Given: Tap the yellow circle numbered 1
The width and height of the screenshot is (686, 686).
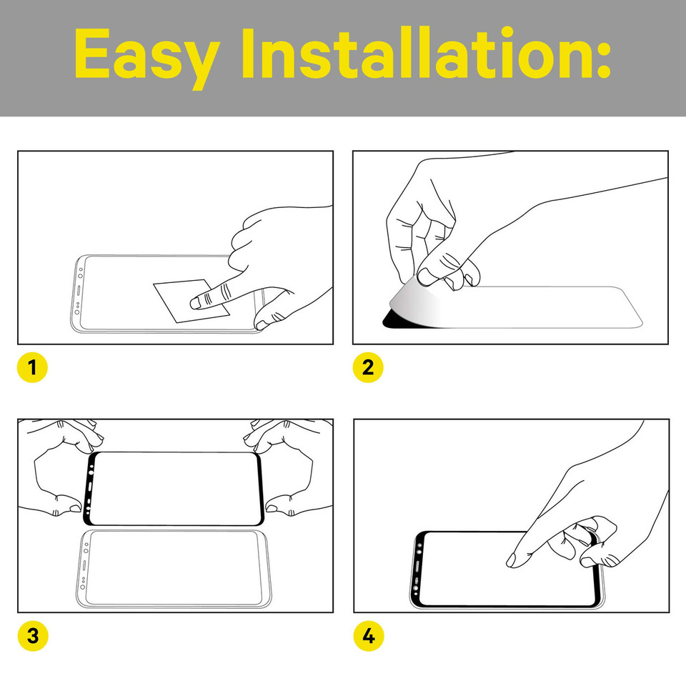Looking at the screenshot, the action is (x=32, y=367).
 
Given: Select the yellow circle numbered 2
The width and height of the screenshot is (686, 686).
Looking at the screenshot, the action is (x=368, y=367).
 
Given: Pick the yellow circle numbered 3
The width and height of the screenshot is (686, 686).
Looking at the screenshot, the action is (x=33, y=636).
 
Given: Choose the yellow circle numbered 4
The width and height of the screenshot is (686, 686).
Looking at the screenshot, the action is (x=369, y=636).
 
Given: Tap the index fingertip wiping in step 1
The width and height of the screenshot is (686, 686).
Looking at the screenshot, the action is (x=196, y=303).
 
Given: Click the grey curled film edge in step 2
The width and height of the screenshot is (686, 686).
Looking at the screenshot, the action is (x=414, y=304).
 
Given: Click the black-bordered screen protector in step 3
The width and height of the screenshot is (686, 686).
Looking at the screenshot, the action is (x=173, y=489).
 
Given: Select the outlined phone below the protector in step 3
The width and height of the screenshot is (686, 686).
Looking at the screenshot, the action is (x=173, y=569).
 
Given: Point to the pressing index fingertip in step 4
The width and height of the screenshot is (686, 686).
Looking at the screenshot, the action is (x=512, y=560).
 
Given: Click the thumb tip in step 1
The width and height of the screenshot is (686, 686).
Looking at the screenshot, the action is (x=262, y=324).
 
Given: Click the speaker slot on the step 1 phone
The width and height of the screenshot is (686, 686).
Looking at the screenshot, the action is (x=79, y=291).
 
